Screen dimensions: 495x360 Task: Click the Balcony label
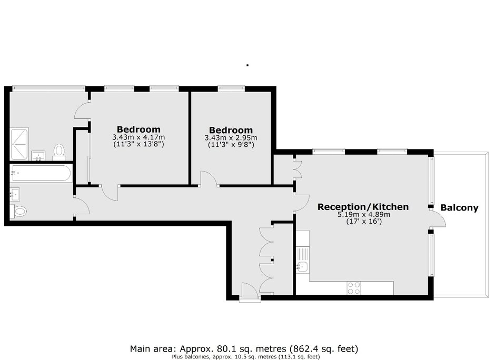coord(459,207)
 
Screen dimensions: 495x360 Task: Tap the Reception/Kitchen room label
coord(363,207)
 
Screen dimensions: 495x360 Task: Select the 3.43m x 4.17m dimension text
coord(138,137)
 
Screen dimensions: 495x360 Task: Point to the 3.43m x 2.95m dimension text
coord(231,138)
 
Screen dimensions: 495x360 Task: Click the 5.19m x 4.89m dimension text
coord(364,215)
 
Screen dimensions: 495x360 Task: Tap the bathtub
coord(41,173)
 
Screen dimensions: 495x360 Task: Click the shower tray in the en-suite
coord(19,144)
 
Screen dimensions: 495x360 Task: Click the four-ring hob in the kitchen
coord(353,288)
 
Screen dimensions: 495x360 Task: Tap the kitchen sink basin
coord(302,267)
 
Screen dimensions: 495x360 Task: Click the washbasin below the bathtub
coord(15,195)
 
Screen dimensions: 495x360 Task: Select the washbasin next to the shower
coord(38,156)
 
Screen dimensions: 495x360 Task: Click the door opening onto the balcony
coord(438,218)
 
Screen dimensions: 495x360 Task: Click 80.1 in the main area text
coord(224,349)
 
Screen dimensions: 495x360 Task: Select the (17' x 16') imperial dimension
coord(364,222)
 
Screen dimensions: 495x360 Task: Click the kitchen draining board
coord(302,254)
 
